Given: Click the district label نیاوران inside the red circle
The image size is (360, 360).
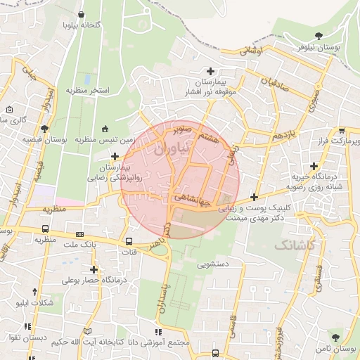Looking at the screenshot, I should (x=169, y=148).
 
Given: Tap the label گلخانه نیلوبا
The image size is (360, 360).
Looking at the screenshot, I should (x=83, y=25).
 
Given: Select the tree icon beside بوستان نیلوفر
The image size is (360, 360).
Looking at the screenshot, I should (x=320, y=35).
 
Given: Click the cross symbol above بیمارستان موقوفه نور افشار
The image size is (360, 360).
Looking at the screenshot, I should (x=210, y=71).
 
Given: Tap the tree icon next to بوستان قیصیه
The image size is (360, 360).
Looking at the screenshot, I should (x=45, y=129).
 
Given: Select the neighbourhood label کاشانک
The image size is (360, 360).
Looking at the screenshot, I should (x=293, y=245).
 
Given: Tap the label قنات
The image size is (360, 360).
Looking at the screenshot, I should (x=129, y=252).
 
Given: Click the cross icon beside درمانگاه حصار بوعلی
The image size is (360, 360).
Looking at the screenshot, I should (x=94, y=269).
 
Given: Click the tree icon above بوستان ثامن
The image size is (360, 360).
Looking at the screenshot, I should (x=335, y=338).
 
